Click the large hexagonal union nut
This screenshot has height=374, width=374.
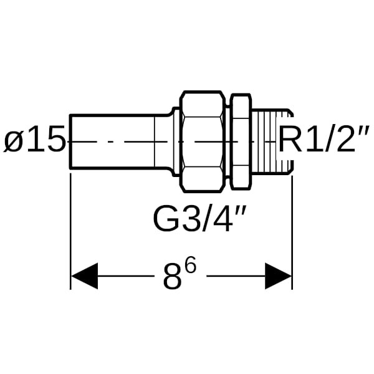pos(203,142)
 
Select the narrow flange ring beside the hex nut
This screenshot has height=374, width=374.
pos(241,142)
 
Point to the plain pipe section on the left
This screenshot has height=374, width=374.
pos(112,142)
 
